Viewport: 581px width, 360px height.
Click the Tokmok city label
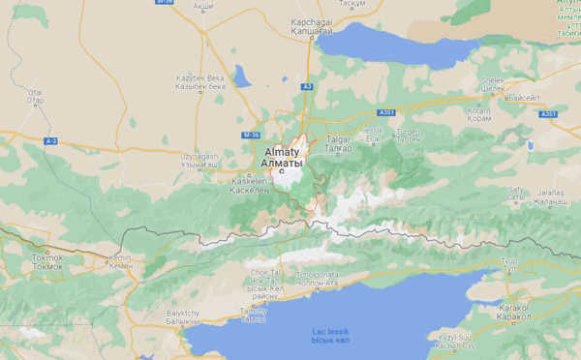tap(46, 258)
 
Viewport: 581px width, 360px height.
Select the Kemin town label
tap(120, 261)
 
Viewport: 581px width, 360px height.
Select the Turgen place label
tap(409, 134)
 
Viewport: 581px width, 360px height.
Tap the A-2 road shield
tap(51, 141)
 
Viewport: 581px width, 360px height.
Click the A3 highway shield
tap(306, 87)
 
